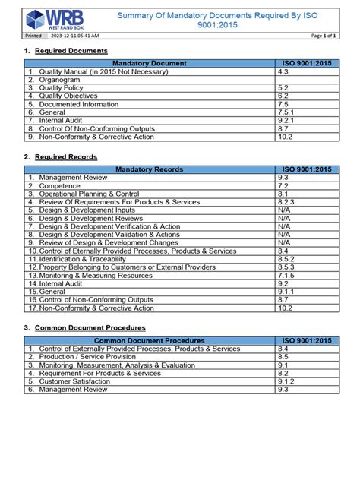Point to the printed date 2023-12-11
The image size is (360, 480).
74,36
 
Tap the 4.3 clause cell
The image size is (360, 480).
283,71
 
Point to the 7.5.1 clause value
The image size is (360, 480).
286,112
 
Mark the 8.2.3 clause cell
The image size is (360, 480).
286,201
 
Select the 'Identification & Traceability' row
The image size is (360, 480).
84,259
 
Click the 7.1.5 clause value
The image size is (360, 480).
286,276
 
